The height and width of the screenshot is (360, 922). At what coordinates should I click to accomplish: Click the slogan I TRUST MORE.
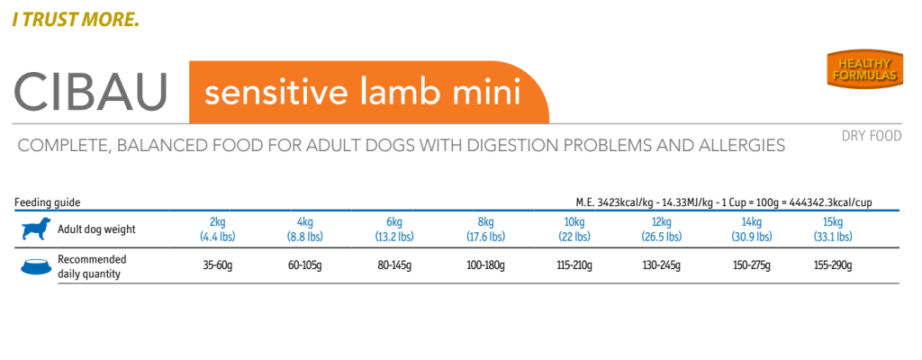click(x=76, y=18)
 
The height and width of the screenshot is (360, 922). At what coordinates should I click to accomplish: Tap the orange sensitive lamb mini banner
click(x=360, y=93)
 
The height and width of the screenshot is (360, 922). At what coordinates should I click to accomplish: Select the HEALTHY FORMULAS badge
click(x=863, y=69)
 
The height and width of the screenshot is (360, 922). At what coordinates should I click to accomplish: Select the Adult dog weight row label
click(x=96, y=229)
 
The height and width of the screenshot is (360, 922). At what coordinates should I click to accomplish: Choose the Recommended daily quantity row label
click(x=92, y=266)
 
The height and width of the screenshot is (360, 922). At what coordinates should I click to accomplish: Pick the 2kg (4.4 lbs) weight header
click(x=217, y=229)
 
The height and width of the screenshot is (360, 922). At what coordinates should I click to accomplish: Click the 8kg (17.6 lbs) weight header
click(x=485, y=229)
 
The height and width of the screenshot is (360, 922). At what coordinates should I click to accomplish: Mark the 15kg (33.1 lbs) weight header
click(x=833, y=229)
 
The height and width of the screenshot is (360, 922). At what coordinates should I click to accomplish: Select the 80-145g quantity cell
click(x=394, y=266)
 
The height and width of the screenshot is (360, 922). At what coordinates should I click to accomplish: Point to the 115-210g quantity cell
click(x=574, y=266)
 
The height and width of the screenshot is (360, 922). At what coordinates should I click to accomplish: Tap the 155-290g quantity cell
click(x=833, y=266)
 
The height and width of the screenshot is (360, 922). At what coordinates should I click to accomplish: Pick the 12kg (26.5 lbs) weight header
click(x=662, y=229)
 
